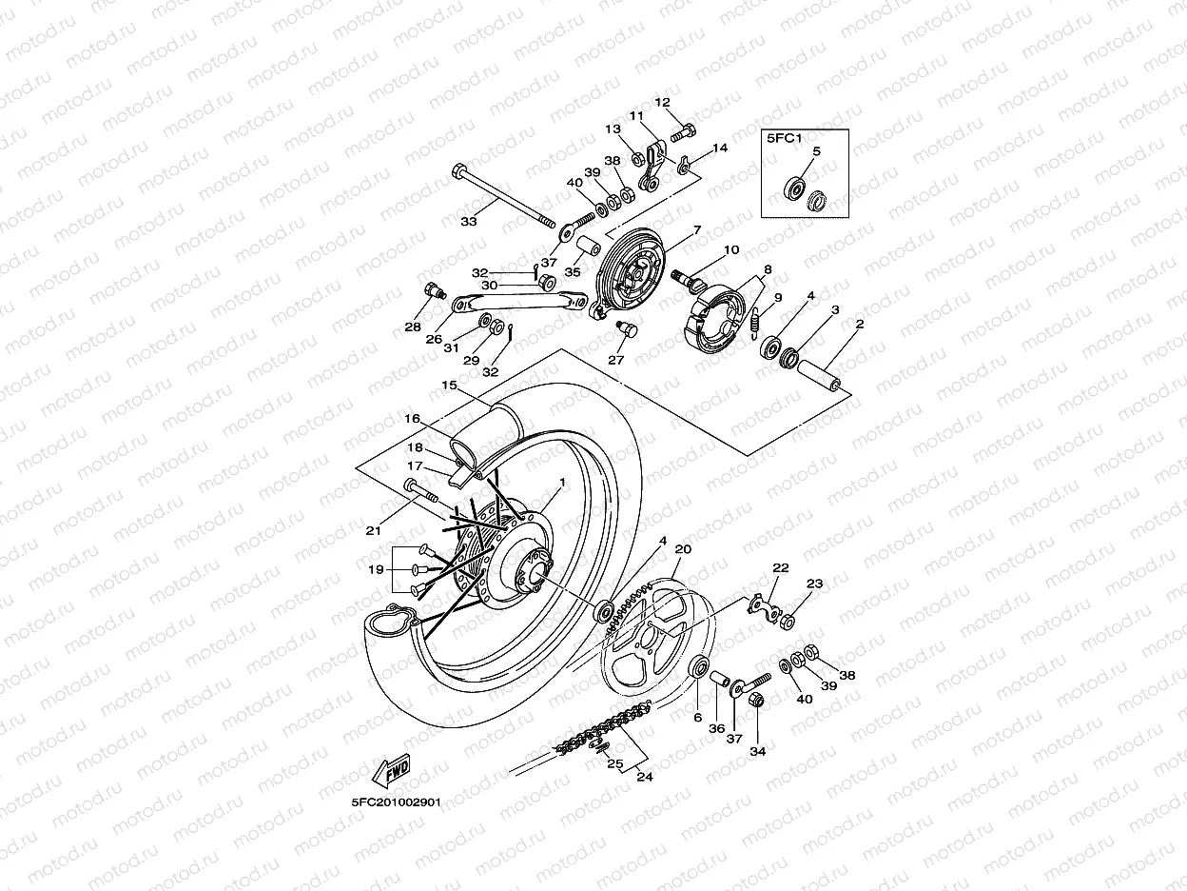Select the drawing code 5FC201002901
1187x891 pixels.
click(x=396, y=802)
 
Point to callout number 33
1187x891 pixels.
click(x=468, y=221)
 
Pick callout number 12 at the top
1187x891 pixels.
click(x=662, y=102)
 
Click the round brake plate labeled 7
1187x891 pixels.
click(x=632, y=272)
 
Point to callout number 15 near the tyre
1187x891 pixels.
click(x=449, y=386)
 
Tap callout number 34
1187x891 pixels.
click(x=757, y=751)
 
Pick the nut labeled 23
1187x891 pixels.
click(x=787, y=623)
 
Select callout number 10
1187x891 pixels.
click(x=730, y=250)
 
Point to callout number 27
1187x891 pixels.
click(x=616, y=361)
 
